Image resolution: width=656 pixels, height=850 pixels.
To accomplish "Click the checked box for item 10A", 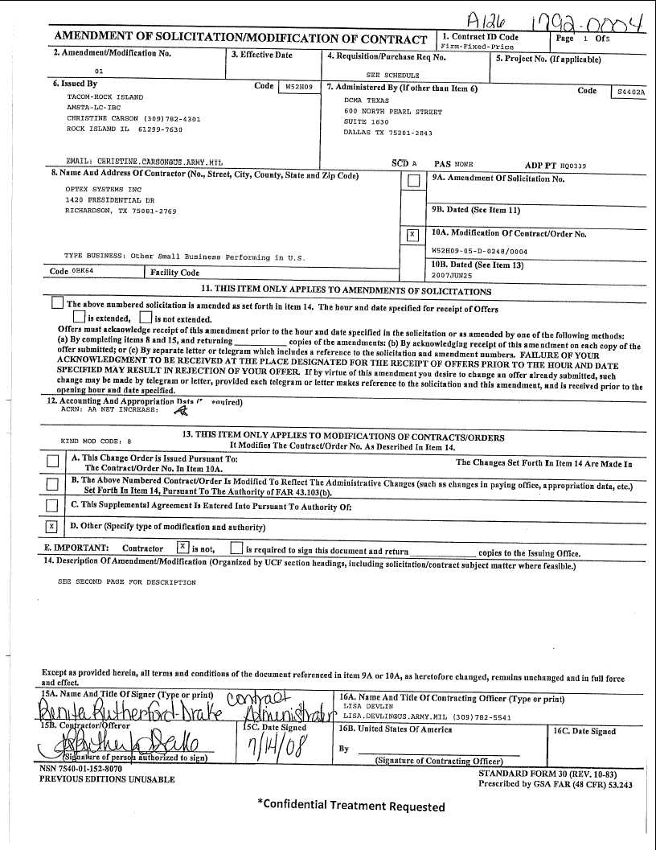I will (x=412, y=235).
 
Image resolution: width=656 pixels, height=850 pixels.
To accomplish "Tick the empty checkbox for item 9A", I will (x=412, y=182).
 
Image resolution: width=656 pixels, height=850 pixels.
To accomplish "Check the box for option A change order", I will (x=52, y=461).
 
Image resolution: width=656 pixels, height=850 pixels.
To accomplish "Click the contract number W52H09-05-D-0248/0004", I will (x=479, y=251).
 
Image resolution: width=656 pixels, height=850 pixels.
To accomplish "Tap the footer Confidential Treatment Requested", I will (x=351, y=806).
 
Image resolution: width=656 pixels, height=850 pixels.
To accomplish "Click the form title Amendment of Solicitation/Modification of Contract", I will (x=240, y=39).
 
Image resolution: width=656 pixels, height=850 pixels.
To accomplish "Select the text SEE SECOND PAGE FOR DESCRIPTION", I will (x=126, y=582).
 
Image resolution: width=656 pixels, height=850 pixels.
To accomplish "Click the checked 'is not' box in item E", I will (x=183, y=548).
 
